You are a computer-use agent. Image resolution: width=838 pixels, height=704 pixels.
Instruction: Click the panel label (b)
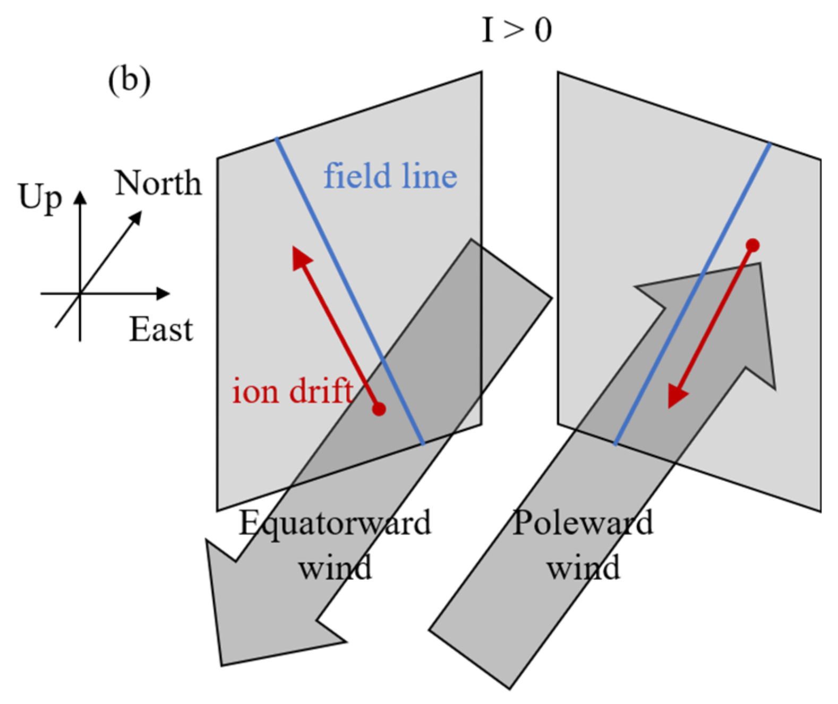(129, 81)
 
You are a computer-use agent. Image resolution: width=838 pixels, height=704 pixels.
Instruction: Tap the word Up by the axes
(40, 198)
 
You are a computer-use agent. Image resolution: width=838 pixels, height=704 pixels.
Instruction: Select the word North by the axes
(158, 184)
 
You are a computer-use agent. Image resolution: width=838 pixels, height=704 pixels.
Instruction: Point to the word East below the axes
(161, 329)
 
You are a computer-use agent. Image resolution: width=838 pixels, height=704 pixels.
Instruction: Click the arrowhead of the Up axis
(80, 198)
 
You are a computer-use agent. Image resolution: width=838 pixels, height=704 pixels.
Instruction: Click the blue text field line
(390, 176)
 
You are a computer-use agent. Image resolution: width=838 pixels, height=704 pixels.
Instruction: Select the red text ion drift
(293, 391)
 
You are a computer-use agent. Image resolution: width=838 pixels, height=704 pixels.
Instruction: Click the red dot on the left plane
(379, 409)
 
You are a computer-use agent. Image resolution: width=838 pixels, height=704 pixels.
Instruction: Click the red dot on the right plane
(753, 245)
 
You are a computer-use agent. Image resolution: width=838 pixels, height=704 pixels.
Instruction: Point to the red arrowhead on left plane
(301, 257)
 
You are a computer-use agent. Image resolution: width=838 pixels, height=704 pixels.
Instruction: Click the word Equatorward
(335, 523)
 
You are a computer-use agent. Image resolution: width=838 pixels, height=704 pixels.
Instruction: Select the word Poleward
(583, 522)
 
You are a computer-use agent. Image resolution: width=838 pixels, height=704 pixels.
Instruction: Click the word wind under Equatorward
(335, 568)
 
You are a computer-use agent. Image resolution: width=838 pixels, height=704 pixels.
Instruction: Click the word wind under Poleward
(583, 568)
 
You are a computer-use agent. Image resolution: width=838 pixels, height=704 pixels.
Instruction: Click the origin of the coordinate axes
(80, 294)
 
